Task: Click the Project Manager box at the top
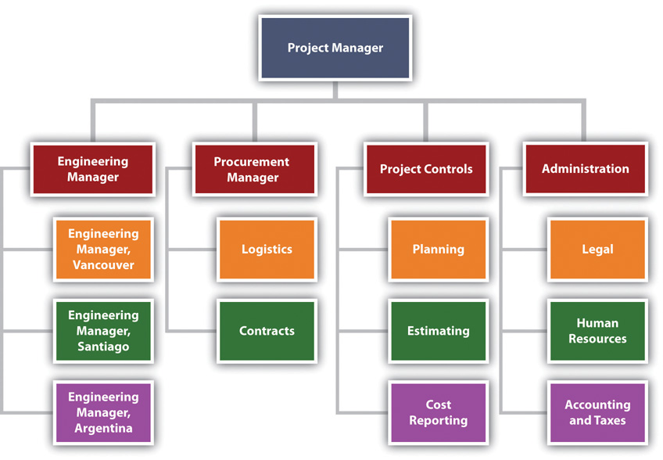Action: pyautogui.click(x=335, y=48)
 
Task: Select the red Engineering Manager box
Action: pyautogui.click(x=93, y=169)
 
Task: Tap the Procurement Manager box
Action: pyautogui.click(x=252, y=169)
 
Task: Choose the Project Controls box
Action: pyautogui.click(x=426, y=169)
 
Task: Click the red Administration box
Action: pyautogui.click(x=585, y=169)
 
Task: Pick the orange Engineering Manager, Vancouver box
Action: pyautogui.click(x=103, y=250)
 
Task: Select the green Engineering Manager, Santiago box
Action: pyautogui.click(x=103, y=331)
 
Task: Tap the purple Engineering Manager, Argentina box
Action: pyautogui.click(x=103, y=412)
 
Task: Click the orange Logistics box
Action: pyautogui.click(x=267, y=250)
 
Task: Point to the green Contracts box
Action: pyautogui.click(x=267, y=331)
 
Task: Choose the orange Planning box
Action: pyautogui.click(x=439, y=250)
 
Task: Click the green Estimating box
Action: pyautogui.click(x=439, y=331)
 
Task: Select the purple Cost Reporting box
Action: pyautogui.click(x=439, y=412)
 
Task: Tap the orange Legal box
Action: pyautogui.click(x=597, y=250)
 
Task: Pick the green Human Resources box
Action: pyautogui.click(x=597, y=331)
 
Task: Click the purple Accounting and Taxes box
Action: pyautogui.click(x=597, y=412)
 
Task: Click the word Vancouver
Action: pyautogui.click(x=103, y=264)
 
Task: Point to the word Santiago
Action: pyautogui.click(x=103, y=346)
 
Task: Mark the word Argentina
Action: pyautogui.click(x=103, y=428)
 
